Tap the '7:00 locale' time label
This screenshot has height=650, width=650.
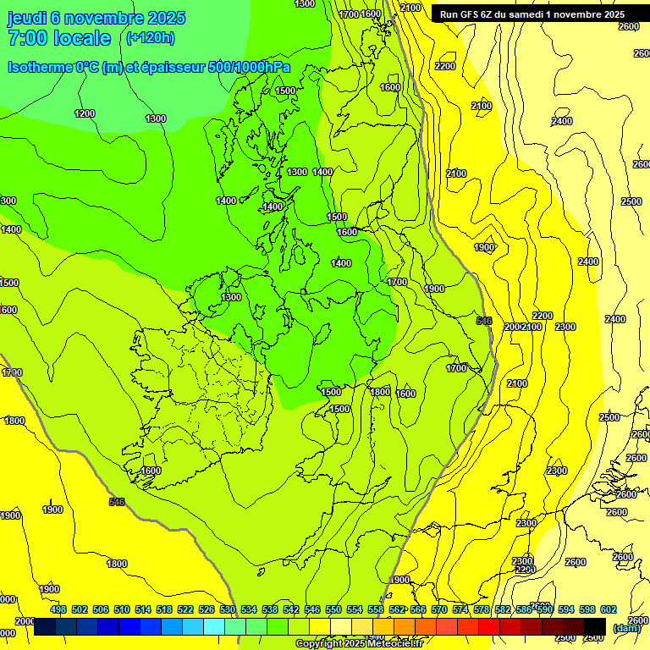point(59,38)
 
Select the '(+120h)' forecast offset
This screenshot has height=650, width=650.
point(150,37)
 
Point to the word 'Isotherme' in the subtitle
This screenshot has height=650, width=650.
point(39,67)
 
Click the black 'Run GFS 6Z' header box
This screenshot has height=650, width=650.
point(532,14)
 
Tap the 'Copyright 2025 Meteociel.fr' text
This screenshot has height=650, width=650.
point(372,643)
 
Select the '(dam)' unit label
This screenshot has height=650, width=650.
point(627,628)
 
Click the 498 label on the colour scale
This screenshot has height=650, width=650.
point(58,609)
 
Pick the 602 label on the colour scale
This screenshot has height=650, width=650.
point(609,609)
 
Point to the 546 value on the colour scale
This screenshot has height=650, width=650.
point(312,609)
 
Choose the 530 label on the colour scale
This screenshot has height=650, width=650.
point(228,609)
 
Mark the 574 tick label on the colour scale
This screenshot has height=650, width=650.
point(460,609)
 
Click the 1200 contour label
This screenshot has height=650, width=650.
point(85,113)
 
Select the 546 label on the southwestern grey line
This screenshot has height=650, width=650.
point(117,502)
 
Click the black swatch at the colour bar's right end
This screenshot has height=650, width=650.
point(595,626)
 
